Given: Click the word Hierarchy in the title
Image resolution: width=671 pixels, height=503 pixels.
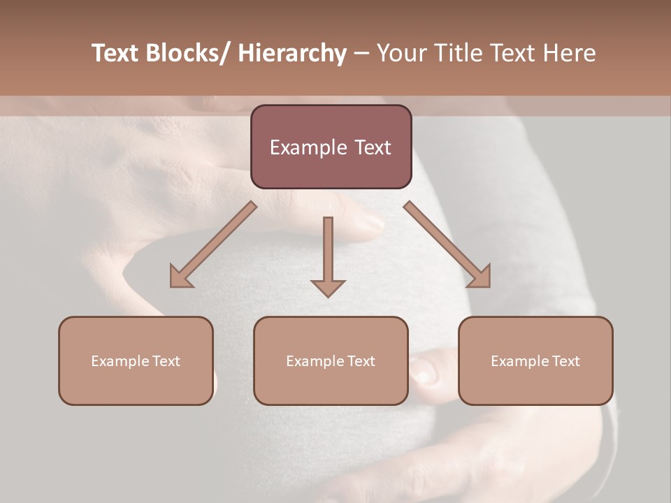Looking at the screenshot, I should coord(292,53).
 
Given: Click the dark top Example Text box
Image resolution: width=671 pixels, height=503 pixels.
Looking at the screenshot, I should coord(331,147).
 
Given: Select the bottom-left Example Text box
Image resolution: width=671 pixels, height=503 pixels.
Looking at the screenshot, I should coord(136,360).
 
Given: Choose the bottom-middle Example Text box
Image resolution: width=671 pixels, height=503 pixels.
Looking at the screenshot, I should coord(331,360).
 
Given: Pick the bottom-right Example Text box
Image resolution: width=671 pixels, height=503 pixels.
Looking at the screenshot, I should coord(535,360).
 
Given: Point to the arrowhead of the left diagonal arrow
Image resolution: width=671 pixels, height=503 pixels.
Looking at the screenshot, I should coord(180,277).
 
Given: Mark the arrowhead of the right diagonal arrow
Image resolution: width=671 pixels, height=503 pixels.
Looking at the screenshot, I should coord(480,277).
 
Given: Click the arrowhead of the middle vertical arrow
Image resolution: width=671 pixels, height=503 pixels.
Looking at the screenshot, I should coord(328,287).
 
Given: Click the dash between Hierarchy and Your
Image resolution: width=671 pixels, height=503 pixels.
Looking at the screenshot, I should coord(361,53).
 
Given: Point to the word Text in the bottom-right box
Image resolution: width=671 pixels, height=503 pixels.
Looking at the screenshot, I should coord(565,361).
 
